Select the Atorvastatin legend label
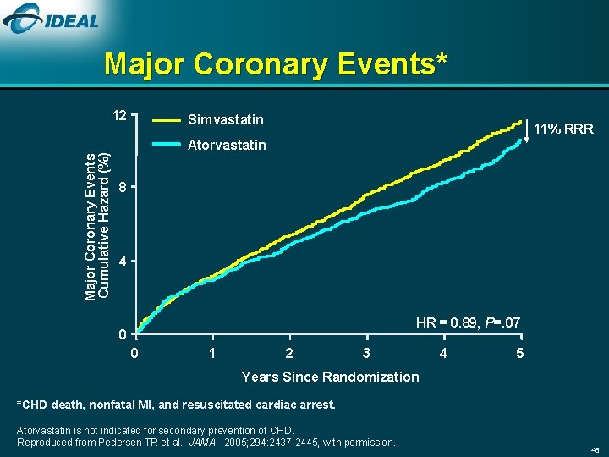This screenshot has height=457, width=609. coord(228,145)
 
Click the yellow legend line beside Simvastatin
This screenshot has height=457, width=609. coord(167,120)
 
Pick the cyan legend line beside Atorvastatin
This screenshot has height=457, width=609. coord(167,145)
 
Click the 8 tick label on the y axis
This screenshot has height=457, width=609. coord(123,188)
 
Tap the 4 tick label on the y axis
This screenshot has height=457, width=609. coord(123,262)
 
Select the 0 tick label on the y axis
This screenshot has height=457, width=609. coord(123,335)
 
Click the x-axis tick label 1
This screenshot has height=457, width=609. coord(212,352)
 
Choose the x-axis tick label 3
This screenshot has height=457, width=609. coord(365,352)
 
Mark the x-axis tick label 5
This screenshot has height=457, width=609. coord(520,352)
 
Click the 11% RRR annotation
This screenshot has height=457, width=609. coord(564,129)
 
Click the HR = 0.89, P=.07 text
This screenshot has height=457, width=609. coord(468,322)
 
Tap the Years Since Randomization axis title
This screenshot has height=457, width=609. coord(330,377)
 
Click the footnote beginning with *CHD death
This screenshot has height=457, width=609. coord(176,405)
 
